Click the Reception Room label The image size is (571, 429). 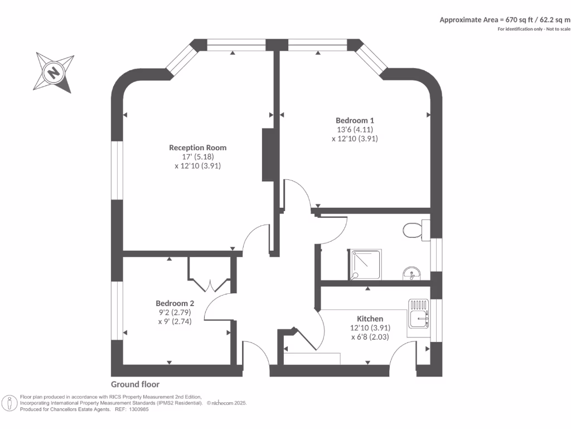click(x=198, y=147)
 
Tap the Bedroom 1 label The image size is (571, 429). click(x=355, y=121)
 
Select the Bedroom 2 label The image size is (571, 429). click(x=175, y=303)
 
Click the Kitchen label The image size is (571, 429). click(x=370, y=318)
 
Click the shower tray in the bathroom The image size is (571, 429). click(x=365, y=265)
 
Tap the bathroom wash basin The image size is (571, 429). click(x=412, y=273)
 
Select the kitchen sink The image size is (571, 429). click(x=418, y=313)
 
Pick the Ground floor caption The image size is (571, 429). click(x=135, y=384)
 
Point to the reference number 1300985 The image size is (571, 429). click(x=138, y=409)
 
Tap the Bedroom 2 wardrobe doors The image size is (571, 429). click(x=210, y=285)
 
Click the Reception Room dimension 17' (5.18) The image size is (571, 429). click(x=198, y=157)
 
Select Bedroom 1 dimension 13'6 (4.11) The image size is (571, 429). click(x=355, y=130)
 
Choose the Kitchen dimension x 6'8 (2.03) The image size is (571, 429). click(x=370, y=337)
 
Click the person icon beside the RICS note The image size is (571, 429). click(x=9, y=403)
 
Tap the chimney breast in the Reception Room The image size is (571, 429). click(x=268, y=155)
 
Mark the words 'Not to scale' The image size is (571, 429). click(x=558, y=29)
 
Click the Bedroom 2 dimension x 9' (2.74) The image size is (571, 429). click(x=175, y=322)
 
